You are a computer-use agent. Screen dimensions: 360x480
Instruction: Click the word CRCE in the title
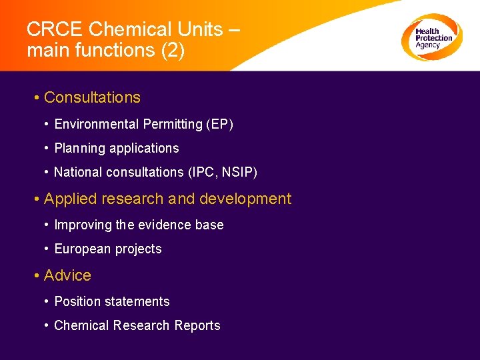tap(54, 29)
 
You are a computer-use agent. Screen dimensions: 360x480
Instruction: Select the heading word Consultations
tap(92, 97)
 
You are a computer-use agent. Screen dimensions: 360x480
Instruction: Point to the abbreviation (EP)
tap(220, 124)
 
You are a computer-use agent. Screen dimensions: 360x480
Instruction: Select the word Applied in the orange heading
tap(70, 199)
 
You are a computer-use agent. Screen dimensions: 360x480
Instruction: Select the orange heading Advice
tap(67, 275)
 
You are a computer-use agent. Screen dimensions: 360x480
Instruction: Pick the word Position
tap(77, 301)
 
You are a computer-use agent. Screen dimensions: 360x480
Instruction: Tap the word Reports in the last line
tap(197, 325)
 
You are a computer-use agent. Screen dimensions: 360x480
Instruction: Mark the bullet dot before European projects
tap(47, 249)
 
